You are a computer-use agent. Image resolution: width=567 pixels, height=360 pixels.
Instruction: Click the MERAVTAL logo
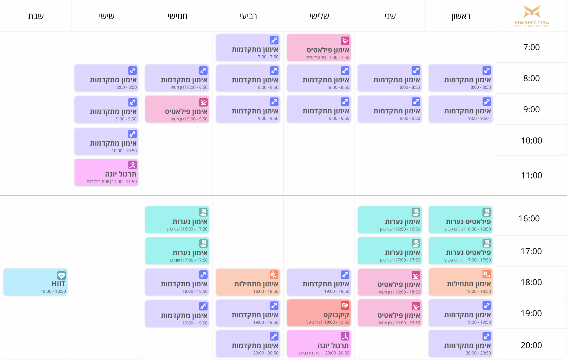pos(532,16)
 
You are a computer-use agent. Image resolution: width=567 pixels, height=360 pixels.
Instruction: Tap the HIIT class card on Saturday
pos(35,282)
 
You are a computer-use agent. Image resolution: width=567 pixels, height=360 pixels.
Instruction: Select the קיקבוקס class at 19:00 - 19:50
pos(319,313)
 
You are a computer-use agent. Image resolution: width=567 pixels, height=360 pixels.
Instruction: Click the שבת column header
pos(36,16)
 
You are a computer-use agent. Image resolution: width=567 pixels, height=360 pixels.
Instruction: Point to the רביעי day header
pos(248,16)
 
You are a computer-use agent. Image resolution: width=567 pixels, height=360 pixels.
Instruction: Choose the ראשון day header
pos(461,16)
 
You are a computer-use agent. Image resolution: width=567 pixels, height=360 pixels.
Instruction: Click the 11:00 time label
pos(532,175)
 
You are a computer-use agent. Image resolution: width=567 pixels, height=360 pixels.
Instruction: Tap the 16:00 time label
pos(529,218)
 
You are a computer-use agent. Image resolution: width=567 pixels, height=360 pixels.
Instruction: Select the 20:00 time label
pos(531,345)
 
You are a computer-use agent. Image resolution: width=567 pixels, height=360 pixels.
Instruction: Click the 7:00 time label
pos(532,47)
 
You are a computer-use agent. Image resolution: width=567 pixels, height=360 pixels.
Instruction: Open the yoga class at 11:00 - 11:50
pos(106,172)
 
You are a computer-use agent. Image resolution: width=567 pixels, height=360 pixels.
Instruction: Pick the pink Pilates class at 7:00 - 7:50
pos(319,48)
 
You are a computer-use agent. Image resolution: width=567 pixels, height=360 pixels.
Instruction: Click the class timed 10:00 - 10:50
pos(106,141)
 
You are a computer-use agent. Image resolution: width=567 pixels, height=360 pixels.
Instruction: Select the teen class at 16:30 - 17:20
pos(177,220)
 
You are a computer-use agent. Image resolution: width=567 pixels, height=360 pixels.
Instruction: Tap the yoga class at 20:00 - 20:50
pos(319,344)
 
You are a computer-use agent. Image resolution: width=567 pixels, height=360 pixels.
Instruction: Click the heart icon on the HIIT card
pos(61,275)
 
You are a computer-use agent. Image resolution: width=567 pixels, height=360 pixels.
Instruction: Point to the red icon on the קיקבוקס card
pos(345,305)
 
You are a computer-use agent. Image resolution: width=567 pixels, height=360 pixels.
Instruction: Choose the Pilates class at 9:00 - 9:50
pos(177,109)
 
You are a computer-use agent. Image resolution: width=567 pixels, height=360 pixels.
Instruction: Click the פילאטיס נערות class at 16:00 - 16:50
pos(461,220)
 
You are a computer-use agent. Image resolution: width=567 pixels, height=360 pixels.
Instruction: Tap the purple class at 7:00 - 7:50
pos(248,48)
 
